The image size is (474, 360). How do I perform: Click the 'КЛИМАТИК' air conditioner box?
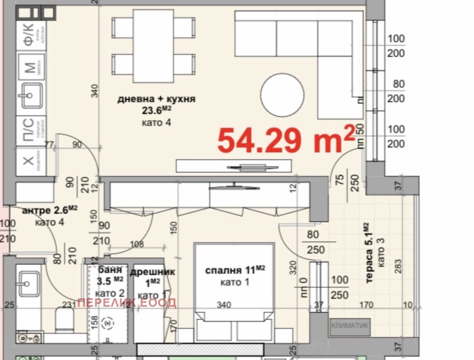(x=351, y=325)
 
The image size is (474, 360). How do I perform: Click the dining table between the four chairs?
(x=153, y=46)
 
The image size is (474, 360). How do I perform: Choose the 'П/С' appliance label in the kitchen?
(x=28, y=129)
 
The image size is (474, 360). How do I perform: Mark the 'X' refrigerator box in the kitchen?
(x=28, y=160)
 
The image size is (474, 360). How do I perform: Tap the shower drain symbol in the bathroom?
(x=108, y=323)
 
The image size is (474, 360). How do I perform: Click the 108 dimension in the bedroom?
(x=137, y=243)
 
